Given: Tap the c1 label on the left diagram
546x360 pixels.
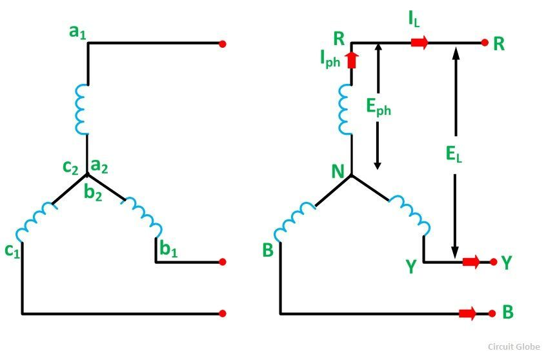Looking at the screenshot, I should (x=12, y=250).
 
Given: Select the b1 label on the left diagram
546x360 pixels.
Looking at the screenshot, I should (x=169, y=250).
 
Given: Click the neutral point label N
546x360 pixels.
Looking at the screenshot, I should (x=338, y=172).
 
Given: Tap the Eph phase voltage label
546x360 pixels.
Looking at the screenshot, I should (x=379, y=107).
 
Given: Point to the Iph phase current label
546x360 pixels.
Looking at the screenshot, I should (x=330, y=59).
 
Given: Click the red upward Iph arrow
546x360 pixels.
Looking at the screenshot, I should (x=352, y=61).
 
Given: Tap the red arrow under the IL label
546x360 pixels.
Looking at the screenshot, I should (x=419, y=43).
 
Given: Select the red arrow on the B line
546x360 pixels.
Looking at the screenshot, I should (x=467, y=314).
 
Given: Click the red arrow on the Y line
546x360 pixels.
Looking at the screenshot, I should (x=471, y=262).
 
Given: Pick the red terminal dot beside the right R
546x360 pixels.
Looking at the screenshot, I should (x=485, y=43).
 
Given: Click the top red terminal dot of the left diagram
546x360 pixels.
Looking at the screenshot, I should (x=223, y=44).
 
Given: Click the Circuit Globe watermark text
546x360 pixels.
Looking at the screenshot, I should (x=512, y=346).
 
